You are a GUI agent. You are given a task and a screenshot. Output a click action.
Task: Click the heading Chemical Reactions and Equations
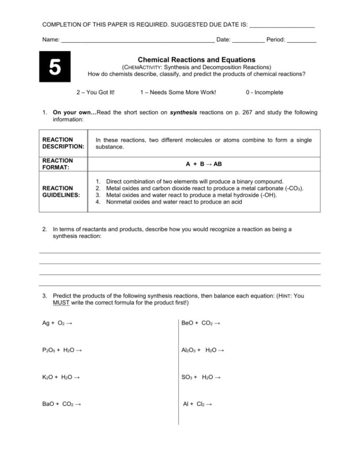point(197,60)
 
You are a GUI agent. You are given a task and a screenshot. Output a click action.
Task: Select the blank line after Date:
point(248,40)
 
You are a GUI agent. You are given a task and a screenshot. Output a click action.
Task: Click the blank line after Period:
point(301,40)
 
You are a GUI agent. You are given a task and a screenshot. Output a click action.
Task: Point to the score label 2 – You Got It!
point(96,92)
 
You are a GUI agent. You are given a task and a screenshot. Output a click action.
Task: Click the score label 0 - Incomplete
point(264,92)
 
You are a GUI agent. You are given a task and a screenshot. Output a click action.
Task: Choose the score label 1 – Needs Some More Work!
point(178,92)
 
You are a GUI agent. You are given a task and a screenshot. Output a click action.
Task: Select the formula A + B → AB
point(204,164)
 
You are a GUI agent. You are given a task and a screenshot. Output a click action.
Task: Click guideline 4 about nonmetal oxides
point(174,202)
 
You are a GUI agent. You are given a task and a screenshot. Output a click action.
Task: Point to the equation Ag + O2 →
point(57,323)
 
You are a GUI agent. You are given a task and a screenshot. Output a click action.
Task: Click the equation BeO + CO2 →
point(200,323)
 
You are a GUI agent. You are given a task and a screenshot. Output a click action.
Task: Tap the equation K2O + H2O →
point(61,377)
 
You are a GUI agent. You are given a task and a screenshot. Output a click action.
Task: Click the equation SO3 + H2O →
point(201,377)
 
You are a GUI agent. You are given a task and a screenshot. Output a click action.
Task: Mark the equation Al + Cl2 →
point(197,404)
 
